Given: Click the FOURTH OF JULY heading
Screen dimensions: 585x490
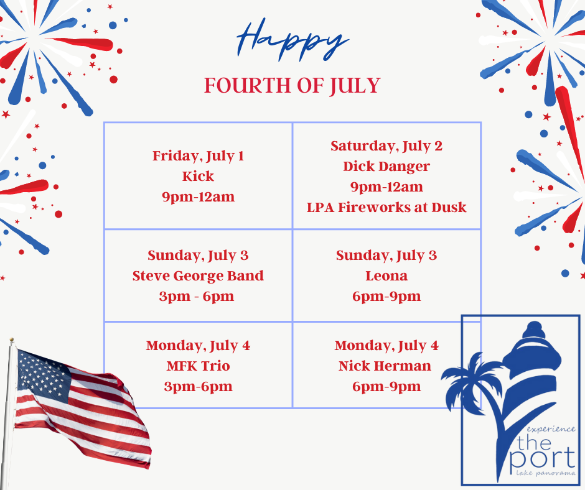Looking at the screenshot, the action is coord(292,86).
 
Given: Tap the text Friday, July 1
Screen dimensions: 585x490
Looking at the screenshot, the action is coord(198,156).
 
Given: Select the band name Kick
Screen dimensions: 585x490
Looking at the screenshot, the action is coord(198,176).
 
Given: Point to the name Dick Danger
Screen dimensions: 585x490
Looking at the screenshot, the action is coord(386,167).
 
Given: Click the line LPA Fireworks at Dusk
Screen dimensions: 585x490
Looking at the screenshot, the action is coord(386,207).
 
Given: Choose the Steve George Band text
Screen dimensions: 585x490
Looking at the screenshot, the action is coord(198,276).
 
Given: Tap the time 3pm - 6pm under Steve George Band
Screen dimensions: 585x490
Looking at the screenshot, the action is coord(197,297).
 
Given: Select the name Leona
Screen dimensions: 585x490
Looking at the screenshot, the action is coord(386,276).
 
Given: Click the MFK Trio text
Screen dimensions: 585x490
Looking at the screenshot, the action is coord(198,366).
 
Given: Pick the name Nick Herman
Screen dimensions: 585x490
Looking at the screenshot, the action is coord(385,366).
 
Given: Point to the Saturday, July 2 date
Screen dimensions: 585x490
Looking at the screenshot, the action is coord(386,146).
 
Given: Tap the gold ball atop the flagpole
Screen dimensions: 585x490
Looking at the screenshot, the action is coord(12,340).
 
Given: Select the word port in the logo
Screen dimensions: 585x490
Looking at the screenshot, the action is coord(543,459).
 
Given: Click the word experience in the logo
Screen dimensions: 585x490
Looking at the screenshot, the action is coord(551,430).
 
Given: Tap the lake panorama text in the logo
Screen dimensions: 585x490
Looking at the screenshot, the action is coord(546,474).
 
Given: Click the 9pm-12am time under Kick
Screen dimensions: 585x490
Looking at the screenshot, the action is coord(198,197).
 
